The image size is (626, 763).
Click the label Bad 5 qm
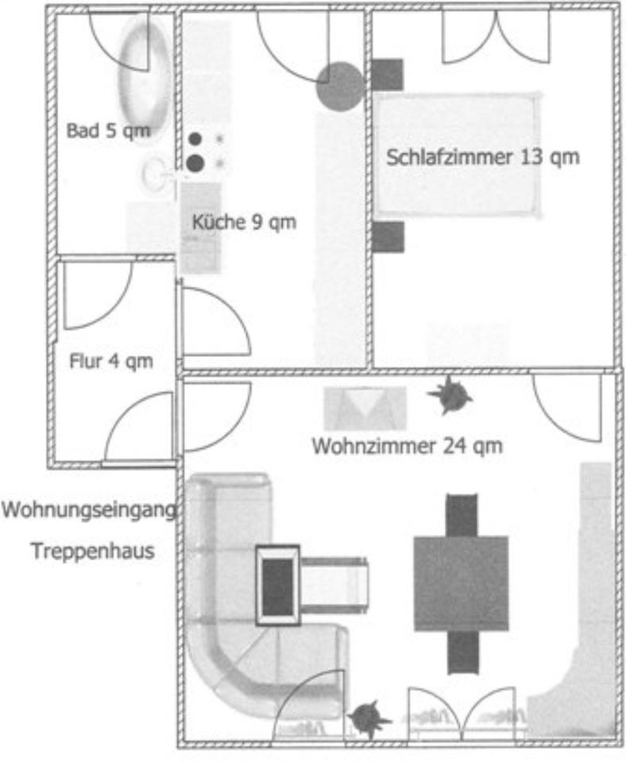(x=108, y=130)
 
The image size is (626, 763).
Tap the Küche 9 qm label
(x=244, y=223)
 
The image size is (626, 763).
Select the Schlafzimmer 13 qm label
(x=483, y=157)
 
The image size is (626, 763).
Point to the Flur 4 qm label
(x=111, y=362)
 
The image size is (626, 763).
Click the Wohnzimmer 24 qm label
(x=407, y=446)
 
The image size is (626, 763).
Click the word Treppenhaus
(x=92, y=550)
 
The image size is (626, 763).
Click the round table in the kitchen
(x=340, y=86)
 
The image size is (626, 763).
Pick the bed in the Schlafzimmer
(x=457, y=155)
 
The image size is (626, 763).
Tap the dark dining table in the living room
(x=461, y=583)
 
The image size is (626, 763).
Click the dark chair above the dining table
(x=462, y=515)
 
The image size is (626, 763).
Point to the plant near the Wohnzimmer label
(x=450, y=395)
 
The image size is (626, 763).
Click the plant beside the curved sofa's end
(x=368, y=718)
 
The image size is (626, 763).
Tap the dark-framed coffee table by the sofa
(x=277, y=585)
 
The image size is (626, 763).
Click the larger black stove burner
(x=195, y=164)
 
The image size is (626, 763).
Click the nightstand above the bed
(x=388, y=75)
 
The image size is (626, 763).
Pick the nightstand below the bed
(x=388, y=237)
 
